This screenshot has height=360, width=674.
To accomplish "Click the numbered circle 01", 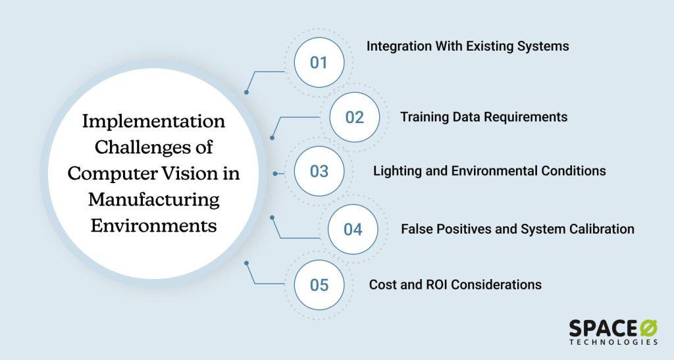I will coord(319,63).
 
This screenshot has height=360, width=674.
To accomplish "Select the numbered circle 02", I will coord(354,117).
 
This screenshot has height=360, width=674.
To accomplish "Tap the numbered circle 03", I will coord(319,171).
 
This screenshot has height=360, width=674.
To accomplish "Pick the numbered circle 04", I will coord(353,229).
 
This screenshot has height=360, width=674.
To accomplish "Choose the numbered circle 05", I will coord(319,285).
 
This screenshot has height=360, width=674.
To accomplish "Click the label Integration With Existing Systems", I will coord(467,47).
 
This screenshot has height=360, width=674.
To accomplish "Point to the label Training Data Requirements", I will coord(484,117).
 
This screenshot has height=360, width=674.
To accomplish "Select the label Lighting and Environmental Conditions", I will coord(489,171).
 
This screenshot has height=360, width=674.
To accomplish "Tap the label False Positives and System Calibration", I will coord(517,229).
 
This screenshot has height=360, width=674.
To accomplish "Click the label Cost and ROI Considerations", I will coord(455,285).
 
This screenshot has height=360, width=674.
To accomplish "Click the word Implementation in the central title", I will coord(153,122).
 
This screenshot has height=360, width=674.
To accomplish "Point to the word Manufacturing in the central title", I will coord(154,199).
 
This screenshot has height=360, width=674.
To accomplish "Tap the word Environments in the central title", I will coord(153,224).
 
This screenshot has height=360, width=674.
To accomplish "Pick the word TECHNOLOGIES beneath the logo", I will coord(613,343).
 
